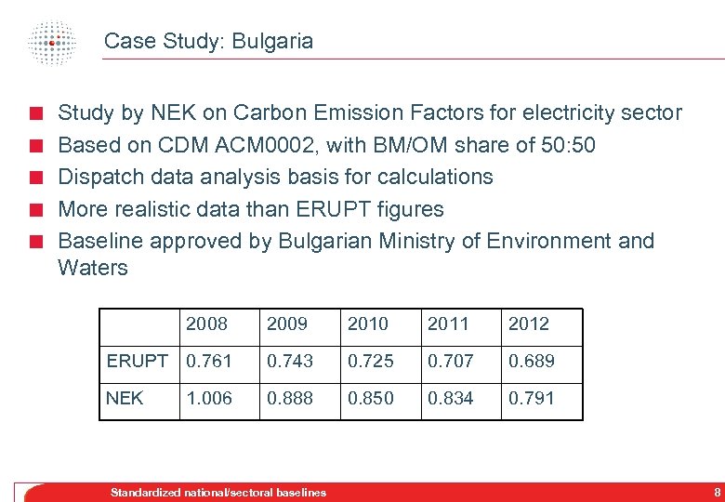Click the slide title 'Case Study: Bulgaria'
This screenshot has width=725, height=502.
tap(208, 41)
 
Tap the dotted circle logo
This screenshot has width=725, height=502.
tap(51, 41)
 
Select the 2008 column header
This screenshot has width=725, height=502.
tap(206, 324)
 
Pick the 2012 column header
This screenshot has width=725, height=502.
tap(528, 324)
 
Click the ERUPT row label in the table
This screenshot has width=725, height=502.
tap(138, 361)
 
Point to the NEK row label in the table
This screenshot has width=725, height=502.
tap(125, 398)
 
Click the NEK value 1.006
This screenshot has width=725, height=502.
tap(209, 398)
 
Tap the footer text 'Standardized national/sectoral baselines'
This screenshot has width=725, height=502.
tap(218, 492)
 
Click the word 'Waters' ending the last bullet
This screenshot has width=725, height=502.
tap(93, 268)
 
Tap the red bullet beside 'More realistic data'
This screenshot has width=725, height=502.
tap(34, 209)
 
